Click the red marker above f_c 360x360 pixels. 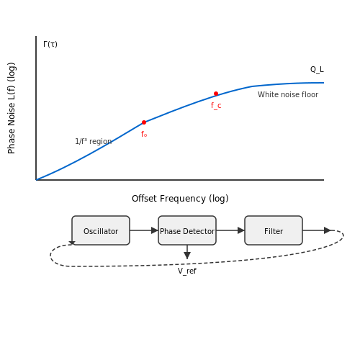tap(216, 94)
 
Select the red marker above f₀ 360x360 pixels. tap(144, 122)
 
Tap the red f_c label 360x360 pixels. tap(216, 106)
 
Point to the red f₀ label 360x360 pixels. tap(144, 134)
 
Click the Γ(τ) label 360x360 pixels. tap(50, 44)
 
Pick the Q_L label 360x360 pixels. tap(317, 69)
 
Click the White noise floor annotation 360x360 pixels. tap(288, 94)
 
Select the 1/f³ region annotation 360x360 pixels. tap(94, 141)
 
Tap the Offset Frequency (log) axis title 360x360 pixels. tap(180, 199)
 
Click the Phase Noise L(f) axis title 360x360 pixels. tap(12, 108)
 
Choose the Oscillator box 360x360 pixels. tap(101, 230)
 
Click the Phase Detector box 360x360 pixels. tap(187, 230)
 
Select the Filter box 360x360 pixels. tap(274, 230)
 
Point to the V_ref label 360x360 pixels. tap(187, 271)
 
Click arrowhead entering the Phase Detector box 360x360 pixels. tap(155, 230)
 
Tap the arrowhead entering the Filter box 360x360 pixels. tap(241, 230)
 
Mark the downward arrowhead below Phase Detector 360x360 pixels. tap(187, 256)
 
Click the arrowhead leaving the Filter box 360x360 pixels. tap(328, 230)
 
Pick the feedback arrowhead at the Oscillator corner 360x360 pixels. tap(72, 243)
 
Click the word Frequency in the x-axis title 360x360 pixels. tap(182, 199)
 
